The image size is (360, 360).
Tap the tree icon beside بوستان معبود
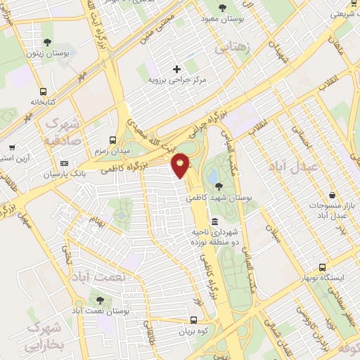tap(223, 8)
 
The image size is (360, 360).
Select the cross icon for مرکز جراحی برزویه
tap(176, 69)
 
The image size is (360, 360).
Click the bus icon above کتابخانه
tap(44, 91)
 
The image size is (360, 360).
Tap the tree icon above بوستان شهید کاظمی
tap(219, 186)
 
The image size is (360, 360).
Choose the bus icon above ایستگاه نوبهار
tap(322, 268)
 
